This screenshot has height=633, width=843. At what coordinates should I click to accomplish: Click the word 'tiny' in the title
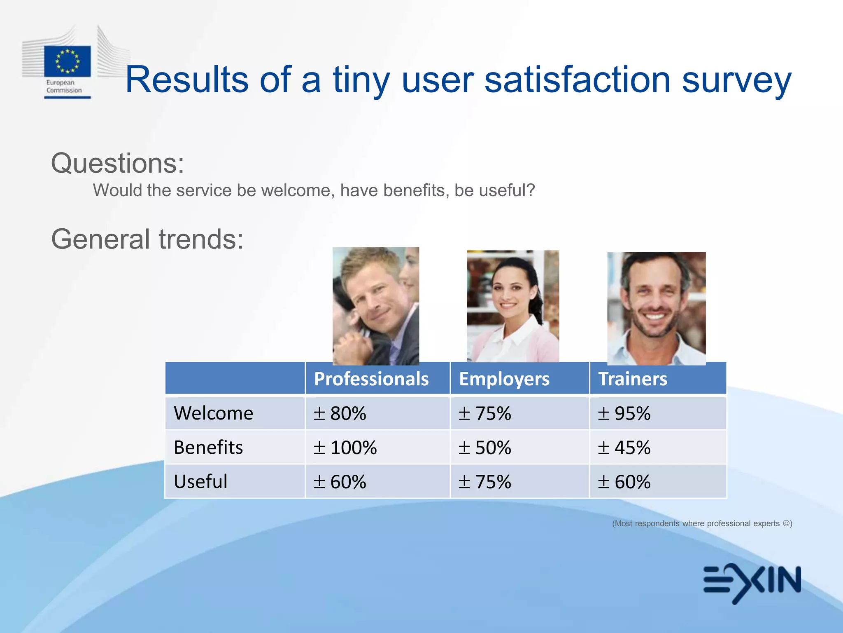click(361, 80)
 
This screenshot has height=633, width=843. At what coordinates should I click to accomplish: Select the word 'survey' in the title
click(736, 80)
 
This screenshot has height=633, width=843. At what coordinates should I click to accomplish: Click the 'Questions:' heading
click(117, 163)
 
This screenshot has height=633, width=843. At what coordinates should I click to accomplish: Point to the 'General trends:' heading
click(147, 239)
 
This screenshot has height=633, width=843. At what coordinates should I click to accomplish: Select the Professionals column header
click(371, 379)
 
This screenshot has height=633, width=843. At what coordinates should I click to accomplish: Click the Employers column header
click(504, 379)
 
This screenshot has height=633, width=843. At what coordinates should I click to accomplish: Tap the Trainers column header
click(632, 379)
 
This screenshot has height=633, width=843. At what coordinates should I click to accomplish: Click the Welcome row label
click(213, 413)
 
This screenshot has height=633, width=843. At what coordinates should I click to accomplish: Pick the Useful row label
click(200, 481)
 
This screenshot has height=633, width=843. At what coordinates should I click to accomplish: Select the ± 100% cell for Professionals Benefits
click(345, 448)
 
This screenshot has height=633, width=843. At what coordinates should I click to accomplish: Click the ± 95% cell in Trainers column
click(624, 413)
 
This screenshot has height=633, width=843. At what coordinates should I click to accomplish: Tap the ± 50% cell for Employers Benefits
click(484, 448)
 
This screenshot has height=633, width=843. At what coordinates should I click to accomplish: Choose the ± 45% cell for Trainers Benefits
click(624, 448)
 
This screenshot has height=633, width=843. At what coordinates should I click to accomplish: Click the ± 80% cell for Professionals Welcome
click(340, 413)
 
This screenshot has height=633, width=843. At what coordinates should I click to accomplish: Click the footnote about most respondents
click(702, 523)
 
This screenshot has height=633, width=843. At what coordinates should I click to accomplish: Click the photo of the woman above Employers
click(513, 306)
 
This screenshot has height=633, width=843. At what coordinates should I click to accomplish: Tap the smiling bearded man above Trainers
click(656, 308)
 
